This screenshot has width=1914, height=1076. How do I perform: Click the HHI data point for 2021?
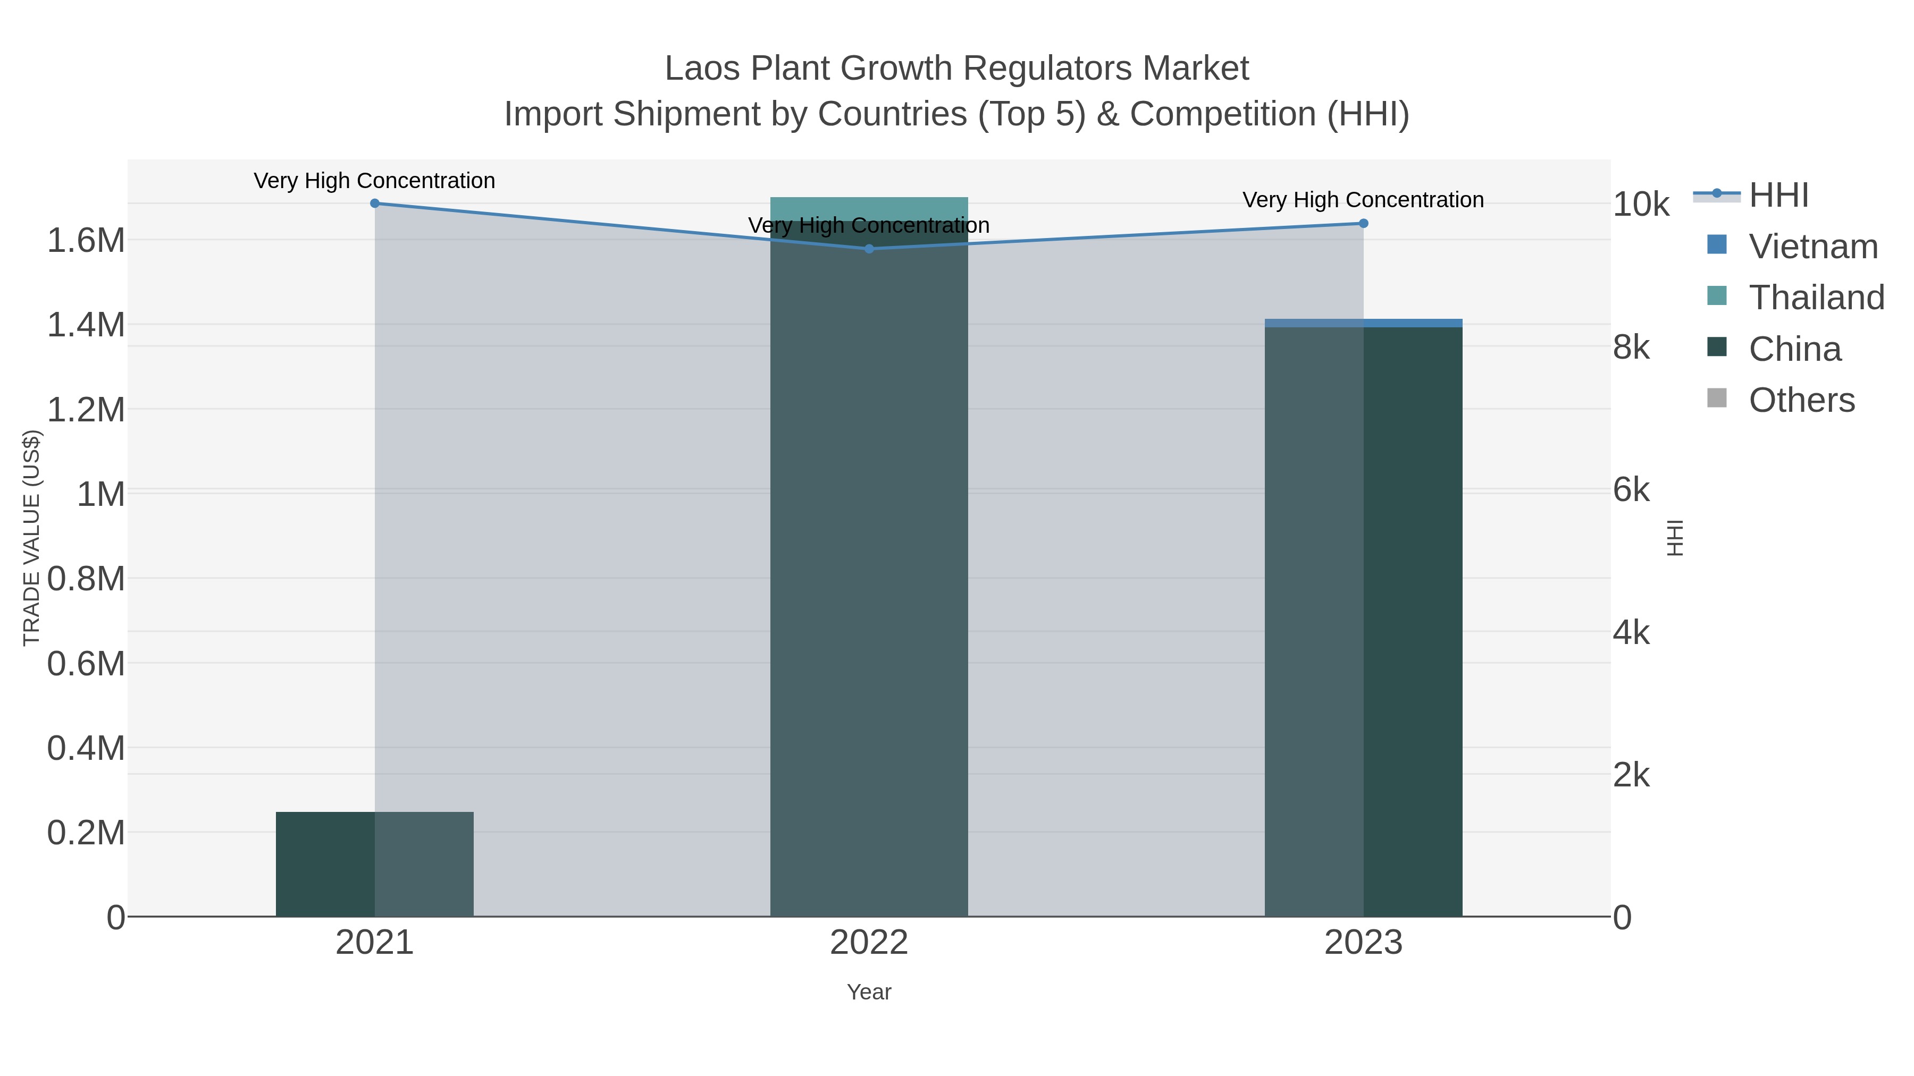coord(374,203)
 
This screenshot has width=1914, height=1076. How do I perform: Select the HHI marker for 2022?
coord(869,249)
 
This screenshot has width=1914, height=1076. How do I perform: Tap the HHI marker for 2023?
coord(1363,224)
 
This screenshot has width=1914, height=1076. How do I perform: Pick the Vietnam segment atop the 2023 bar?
coord(1363,323)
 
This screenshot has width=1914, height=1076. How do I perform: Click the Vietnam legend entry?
coord(1812,247)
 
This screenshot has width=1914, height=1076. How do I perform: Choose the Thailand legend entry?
coord(1816,298)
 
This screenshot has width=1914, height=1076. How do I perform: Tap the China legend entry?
coord(1794,349)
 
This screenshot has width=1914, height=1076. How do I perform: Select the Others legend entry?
coord(1801,400)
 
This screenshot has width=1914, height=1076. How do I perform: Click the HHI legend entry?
coord(1778,196)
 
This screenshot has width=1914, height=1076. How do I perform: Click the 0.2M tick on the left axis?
coord(86,833)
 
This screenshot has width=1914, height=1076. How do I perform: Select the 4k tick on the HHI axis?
coord(1631,633)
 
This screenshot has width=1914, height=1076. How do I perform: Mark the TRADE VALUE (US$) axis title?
coord(32,538)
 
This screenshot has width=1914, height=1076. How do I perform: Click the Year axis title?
coord(869,992)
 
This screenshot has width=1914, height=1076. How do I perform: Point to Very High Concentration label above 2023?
coord(1363,200)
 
